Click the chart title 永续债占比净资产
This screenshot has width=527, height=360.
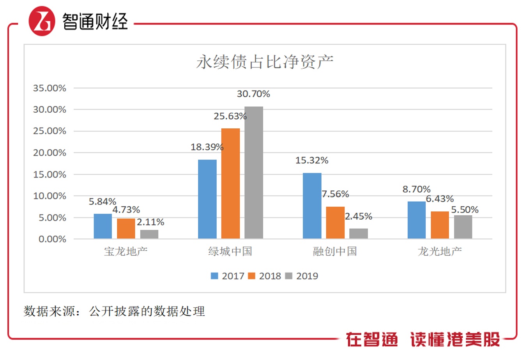tap(265, 62)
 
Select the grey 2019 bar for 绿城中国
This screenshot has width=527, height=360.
tap(254, 172)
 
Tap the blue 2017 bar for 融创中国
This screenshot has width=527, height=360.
tap(312, 206)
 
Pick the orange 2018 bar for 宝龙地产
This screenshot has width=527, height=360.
tap(126, 229)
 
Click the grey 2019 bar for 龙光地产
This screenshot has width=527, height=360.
tap(463, 227)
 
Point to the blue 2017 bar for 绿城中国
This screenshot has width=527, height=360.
tap(207, 199)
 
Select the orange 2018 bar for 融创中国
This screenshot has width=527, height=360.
tap(335, 222)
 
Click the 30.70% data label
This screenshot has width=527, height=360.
tap(253, 94)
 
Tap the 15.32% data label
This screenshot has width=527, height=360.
tap(312, 160)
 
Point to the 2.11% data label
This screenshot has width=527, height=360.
tap(150, 222)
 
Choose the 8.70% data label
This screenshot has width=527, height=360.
tap(416, 189)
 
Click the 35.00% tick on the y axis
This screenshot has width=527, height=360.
tap(50, 88)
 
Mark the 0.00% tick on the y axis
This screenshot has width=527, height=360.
tap(52, 239)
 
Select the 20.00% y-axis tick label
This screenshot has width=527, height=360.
tap(50, 153)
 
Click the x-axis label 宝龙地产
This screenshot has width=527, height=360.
tap(126, 252)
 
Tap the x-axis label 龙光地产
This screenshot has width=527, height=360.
tap(440, 252)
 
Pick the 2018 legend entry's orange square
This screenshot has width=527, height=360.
tap(251, 276)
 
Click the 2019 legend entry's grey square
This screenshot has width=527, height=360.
tap(288, 276)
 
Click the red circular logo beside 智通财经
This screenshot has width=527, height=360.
tap(42, 21)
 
